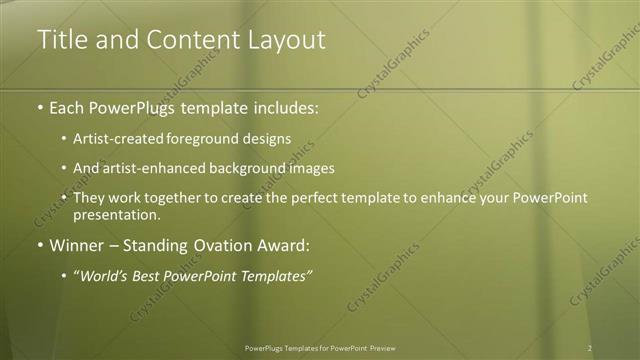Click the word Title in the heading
tap(61, 39)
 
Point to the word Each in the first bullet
tap(68, 106)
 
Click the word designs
tap(262, 139)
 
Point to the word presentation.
tap(116, 214)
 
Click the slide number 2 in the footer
tap(590, 348)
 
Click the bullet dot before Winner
tap(40, 245)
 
